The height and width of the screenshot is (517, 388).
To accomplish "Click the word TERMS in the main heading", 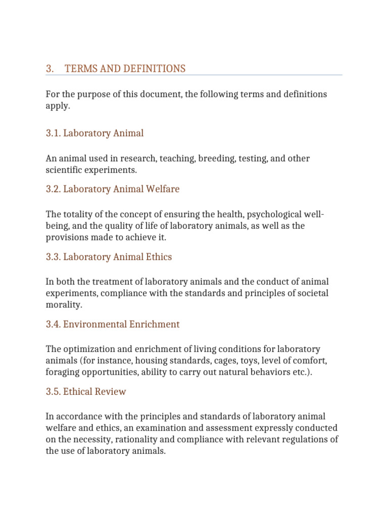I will point(79,69).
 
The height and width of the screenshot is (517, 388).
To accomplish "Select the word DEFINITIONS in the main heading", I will point(150,69).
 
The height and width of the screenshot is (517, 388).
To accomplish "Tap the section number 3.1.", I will point(53,133).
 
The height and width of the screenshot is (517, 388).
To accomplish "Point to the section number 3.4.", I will point(53,324).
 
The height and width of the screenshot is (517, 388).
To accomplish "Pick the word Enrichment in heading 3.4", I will point(154,324).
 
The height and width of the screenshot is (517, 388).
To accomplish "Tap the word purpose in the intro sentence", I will point(93,94).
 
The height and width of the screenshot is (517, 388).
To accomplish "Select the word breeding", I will point(215,159).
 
